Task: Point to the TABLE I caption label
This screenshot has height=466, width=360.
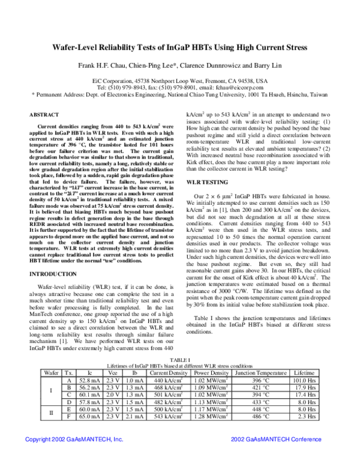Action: (x=179, y=359)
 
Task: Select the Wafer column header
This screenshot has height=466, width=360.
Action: (x=51, y=372)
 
